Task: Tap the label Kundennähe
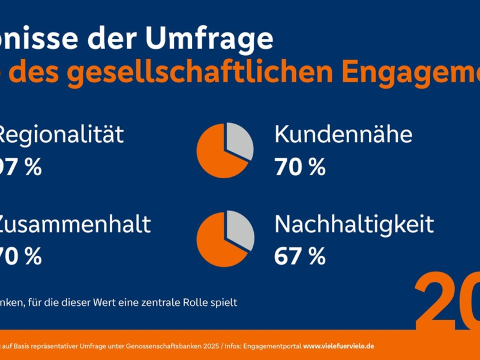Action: pyautogui.click(x=343, y=135)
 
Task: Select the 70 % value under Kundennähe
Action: pyautogui.click(x=299, y=167)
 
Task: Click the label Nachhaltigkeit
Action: pyautogui.click(x=354, y=225)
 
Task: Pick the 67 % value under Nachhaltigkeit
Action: pyautogui.click(x=299, y=257)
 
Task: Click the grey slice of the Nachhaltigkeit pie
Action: pyautogui.click(x=240, y=229)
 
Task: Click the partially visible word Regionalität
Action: pyautogui.click(x=60, y=135)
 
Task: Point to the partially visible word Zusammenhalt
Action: pyautogui.click(x=75, y=225)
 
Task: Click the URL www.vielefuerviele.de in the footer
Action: pyautogui.click(x=339, y=347)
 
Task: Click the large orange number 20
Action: pyautogui.click(x=447, y=300)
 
